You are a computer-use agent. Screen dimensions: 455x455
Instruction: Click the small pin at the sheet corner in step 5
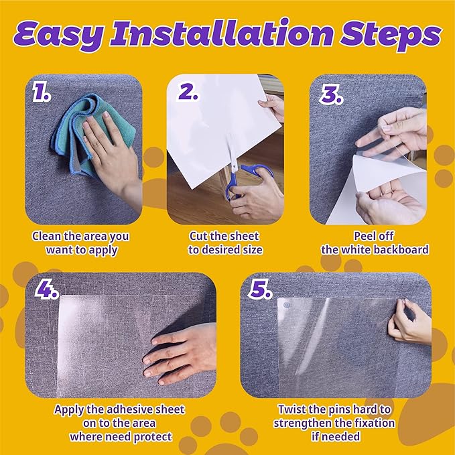287,306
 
